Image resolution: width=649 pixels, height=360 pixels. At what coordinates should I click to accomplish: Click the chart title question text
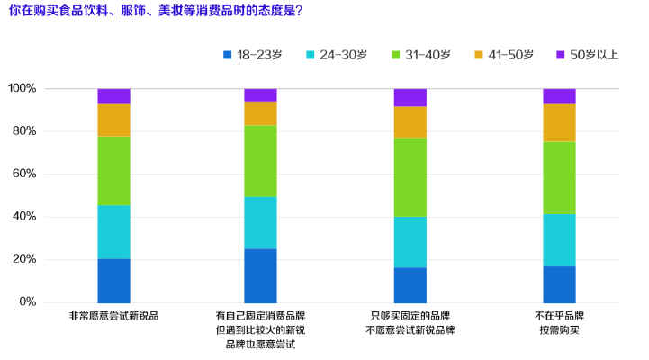155,12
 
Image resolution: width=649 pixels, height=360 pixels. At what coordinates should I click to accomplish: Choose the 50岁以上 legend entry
588,56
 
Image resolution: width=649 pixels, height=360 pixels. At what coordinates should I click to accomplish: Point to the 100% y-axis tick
22,89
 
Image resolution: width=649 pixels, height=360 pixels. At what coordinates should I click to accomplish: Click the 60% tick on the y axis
23,175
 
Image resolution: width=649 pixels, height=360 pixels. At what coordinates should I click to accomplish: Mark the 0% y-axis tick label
27,302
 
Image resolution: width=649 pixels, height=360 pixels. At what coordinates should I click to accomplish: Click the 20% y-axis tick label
23,260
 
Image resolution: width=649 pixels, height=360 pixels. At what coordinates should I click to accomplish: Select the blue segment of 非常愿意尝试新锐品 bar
113,281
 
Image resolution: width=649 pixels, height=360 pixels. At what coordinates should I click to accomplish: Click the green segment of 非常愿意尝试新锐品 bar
113,171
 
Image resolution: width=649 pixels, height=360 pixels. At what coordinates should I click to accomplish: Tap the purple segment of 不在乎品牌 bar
559,96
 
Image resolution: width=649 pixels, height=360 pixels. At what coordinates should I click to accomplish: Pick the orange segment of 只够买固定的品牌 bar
410,122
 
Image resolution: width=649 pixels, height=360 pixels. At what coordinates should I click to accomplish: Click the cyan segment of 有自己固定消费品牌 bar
260,223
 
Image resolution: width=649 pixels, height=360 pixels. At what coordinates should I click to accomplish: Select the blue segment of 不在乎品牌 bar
559,284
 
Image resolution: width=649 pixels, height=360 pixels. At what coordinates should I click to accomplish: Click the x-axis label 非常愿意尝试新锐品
113,317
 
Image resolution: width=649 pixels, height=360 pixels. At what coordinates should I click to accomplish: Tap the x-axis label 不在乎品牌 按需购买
559,323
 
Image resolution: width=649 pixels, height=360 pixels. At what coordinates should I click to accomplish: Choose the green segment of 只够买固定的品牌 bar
410,177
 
